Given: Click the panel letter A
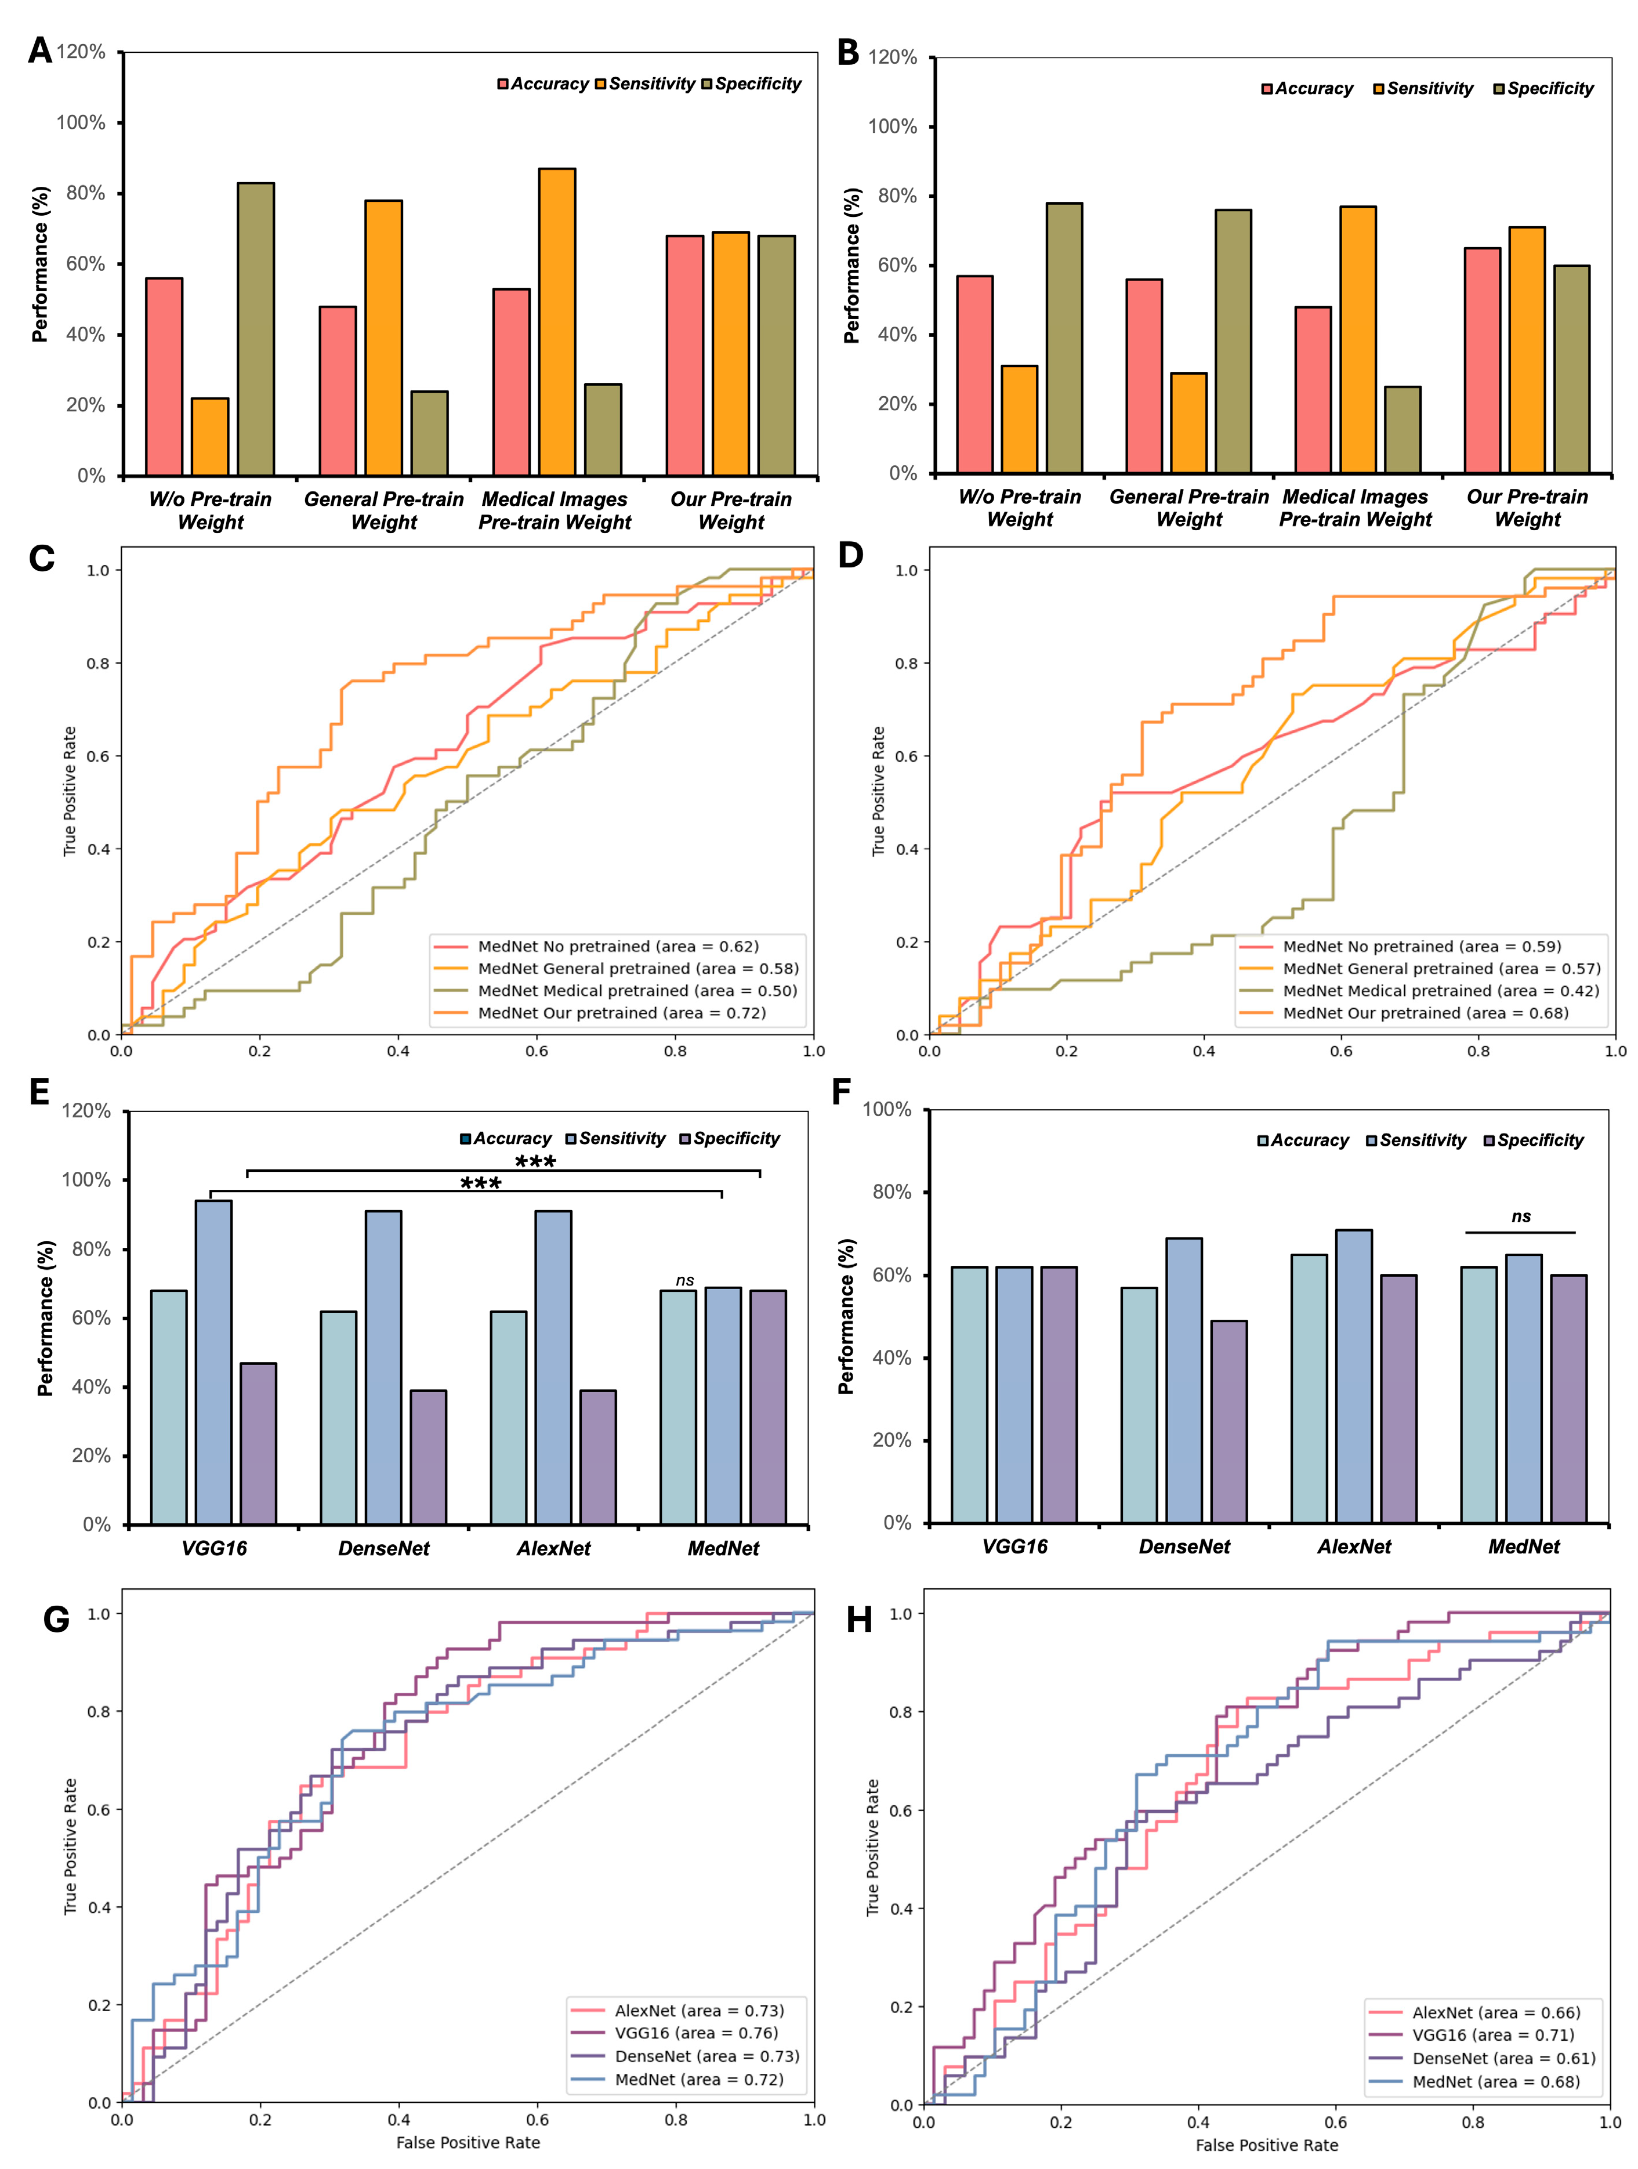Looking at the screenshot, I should (x=39, y=50).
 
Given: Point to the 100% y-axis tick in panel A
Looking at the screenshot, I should (x=81, y=122).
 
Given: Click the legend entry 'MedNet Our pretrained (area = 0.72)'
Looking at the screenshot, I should (x=621, y=1013).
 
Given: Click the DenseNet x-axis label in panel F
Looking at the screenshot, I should (x=1184, y=1547).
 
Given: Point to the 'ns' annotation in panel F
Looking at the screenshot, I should (x=1520, y=1217).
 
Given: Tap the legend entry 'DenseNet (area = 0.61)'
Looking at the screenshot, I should (x=1503, y=2058).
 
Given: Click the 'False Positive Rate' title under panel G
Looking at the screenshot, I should (x=468, y=2142).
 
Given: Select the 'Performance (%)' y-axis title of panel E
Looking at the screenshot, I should (x=45, y=1318).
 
